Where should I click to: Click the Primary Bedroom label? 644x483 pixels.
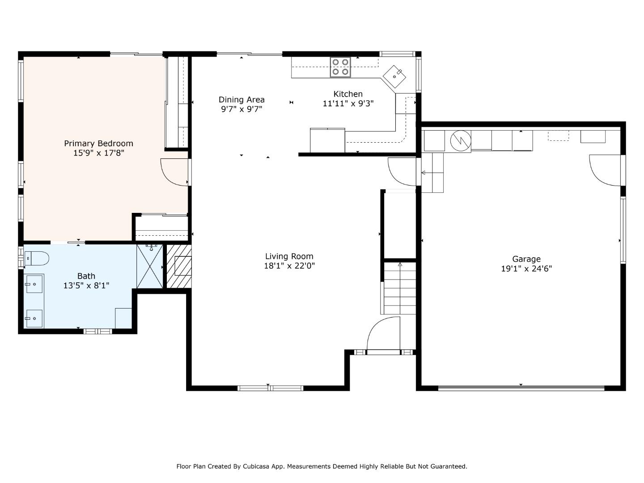[98, 144]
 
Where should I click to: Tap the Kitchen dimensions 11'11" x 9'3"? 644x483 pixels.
[348, 103]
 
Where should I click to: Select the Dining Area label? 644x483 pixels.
[241, 100]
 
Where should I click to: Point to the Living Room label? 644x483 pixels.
[289, 256]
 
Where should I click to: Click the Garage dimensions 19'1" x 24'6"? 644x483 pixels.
[526, 269]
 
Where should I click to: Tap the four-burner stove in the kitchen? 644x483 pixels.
[340, 67]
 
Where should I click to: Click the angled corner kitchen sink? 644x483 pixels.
[394, 76]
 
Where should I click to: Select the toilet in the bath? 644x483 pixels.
[37, 258]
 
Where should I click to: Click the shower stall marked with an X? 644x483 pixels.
[150, 266]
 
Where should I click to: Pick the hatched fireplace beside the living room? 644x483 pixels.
[179, 266]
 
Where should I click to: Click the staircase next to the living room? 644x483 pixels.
[400, 288]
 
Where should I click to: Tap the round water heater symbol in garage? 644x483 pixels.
[461, 140]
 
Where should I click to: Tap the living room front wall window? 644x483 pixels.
[270, 389]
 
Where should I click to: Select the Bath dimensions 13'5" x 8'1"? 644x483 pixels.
[86, 285]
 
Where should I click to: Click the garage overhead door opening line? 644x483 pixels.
[521, 388]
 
